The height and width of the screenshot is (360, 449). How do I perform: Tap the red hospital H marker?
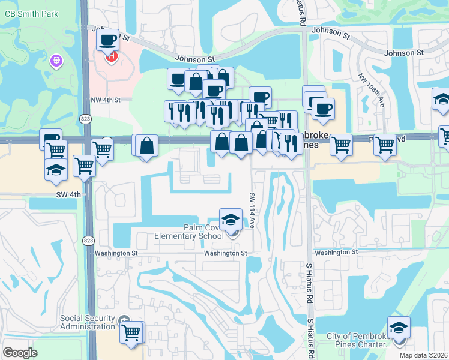[x=111, y=57]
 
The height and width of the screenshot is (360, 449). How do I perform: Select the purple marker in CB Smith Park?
[x=58, y=61]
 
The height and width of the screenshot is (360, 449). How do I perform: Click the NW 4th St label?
[x=106, y=100]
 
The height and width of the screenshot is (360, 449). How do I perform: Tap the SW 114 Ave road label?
[x=253, y=209]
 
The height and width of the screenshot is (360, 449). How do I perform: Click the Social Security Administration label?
[x=87, y=322]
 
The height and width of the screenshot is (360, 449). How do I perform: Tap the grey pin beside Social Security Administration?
[x=124, y=320]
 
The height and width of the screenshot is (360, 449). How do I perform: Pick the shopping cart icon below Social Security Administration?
[x=131, y=332]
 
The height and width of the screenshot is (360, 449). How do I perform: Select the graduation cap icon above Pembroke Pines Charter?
[x=399, y=329]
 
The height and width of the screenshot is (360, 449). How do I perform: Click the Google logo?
[x=20, y=352]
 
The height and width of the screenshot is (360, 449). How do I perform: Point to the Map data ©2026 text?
[x=424, y=355]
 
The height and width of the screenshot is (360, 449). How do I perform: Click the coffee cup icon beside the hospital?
[x=107, y=40]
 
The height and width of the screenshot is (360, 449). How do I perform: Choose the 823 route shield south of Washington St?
[x=88, y=241]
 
